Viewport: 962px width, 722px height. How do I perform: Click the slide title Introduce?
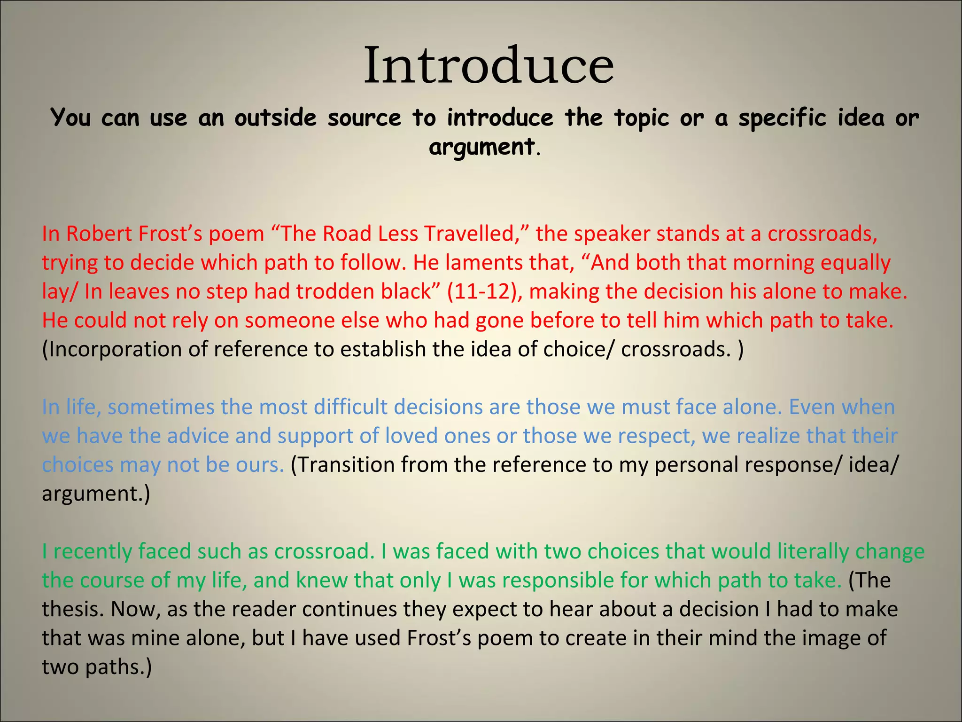pyautogui.click(x=489, y=66)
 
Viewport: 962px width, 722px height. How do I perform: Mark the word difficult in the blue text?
pyautogui.click(x=351, y=407)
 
